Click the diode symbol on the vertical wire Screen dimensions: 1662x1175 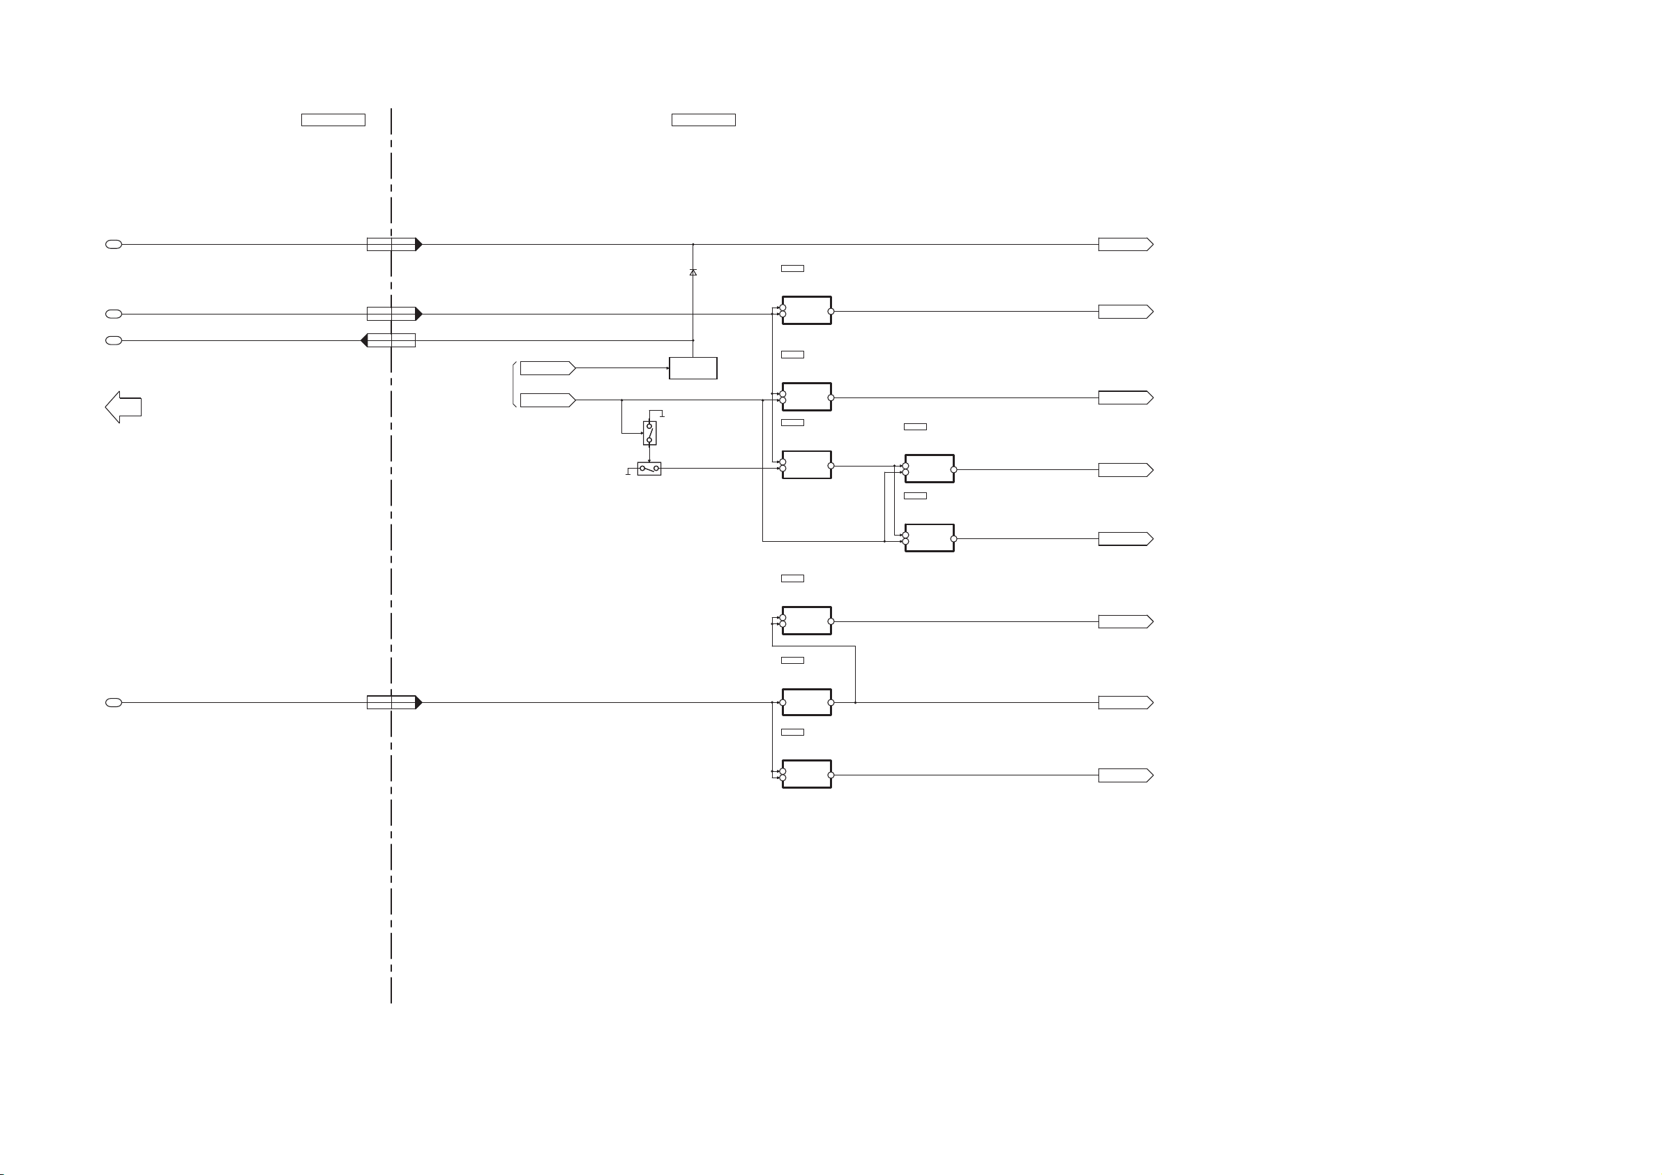(693, 272)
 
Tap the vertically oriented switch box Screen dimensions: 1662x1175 (649, 433)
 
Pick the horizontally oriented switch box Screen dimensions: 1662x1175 (649, 469)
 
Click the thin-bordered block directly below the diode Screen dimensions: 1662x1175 (693, 367)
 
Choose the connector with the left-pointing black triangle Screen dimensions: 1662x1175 (388, 340)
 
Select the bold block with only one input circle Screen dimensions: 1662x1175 (806, 702)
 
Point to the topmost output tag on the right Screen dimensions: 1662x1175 (1125, 244)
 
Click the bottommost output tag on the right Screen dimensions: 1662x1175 (1125, 775)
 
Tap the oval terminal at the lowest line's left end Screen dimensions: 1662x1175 (114, 702)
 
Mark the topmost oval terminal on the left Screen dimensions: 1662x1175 (114, 244)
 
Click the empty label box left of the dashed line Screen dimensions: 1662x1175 (333, 120)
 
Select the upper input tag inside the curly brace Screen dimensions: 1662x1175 (547, 367)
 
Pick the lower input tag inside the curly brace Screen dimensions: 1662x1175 (547, 400)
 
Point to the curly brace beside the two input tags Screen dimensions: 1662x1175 (514, 384)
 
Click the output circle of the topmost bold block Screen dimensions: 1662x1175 (831, 311)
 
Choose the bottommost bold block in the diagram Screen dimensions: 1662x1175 (806, 774)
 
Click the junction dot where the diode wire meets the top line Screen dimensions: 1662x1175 (693, 244)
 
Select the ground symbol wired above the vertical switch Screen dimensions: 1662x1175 (662, 414)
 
